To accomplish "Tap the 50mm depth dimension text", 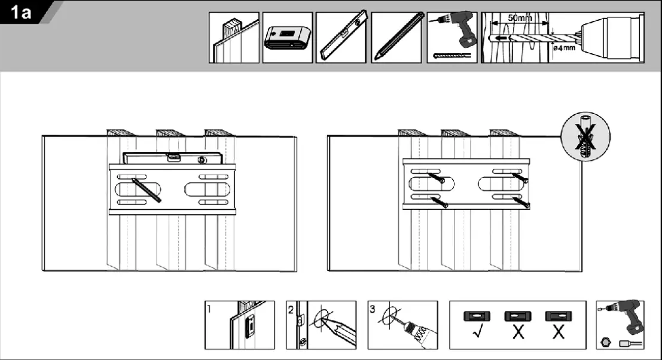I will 518,18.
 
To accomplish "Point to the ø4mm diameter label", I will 564,48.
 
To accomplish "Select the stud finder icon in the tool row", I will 286,39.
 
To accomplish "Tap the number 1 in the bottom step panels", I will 208,310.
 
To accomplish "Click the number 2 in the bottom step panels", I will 291,310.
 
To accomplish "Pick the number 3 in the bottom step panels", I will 373,310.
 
